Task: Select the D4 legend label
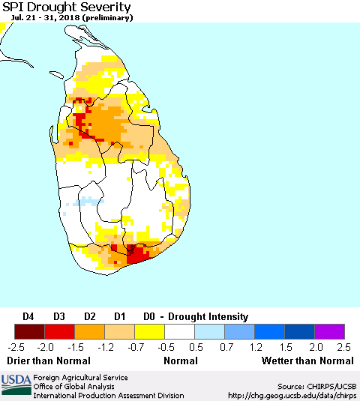[29, 316]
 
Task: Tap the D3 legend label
[59, 316]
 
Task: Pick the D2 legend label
[89, 316]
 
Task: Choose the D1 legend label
[119, 316]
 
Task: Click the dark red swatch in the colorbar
[29, 331]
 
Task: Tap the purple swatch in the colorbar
[329, 331]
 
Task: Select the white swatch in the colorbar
[179, 331]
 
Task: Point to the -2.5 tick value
[15, 347]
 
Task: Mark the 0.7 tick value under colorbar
[224, 347]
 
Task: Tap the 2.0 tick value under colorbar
[314, 347]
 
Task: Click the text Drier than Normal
[48, 361]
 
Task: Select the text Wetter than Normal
[307, 361]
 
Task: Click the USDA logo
[15, 385]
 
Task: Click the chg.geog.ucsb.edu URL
[292, 395]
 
